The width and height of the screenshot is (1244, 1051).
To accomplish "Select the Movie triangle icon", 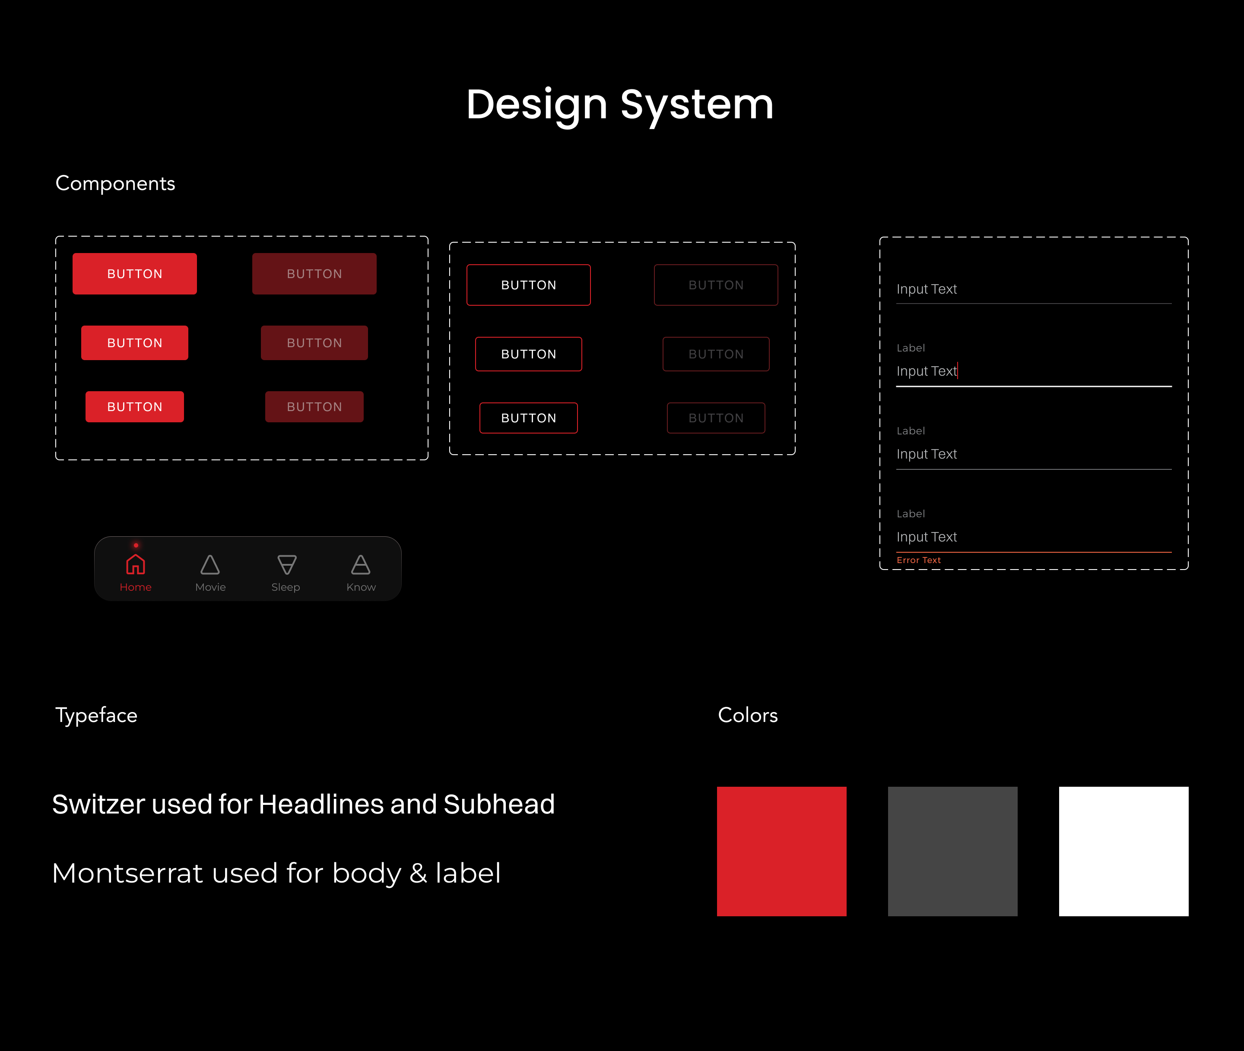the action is (x=210, y=564).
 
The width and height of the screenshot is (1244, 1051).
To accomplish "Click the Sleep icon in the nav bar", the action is (x=287, y=564).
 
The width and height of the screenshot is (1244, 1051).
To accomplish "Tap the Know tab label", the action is (x=361, y=587).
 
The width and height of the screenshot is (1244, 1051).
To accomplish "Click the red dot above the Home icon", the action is (x=136, y=545).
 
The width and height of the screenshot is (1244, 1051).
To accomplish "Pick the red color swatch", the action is (x=781, y=852).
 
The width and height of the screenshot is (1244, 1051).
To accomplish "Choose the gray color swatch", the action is (x=952, y=852).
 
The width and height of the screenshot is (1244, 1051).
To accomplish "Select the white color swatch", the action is (x=1123, y=852).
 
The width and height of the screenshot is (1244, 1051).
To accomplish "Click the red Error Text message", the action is (x=919, y=560).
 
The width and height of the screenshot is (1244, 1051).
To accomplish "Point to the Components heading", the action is (x=115, y=184).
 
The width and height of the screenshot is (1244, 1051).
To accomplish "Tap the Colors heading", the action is (x=747, y=715).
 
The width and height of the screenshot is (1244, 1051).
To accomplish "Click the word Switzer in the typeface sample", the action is (x=98, y=804).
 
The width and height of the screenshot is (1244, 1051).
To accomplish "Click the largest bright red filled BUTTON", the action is (x=135, y=273).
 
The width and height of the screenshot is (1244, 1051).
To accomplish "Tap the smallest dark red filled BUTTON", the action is (x=314, y=407).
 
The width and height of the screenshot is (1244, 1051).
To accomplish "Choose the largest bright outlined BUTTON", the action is (x=529, y=285).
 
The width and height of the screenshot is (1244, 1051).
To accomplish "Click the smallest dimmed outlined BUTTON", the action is (x=716, y=418).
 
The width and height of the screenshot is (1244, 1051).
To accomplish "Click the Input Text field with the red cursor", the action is (x=1034, y=371).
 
